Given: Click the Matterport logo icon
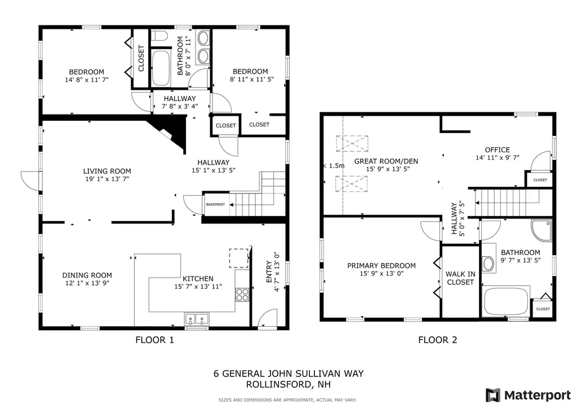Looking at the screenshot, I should (493, 394).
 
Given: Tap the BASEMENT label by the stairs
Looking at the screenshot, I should (216, 204).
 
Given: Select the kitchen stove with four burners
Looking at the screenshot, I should (242, 294).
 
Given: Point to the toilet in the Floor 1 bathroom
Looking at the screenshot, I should (160, 38).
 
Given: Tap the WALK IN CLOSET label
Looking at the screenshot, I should (460, 278).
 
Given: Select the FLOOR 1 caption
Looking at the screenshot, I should (155, 340).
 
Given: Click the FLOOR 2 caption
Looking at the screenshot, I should (437, 340).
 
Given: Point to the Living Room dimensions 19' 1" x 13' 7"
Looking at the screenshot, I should (107, 179).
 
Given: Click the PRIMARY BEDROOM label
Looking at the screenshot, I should (381, 266).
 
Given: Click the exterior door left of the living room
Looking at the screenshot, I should (28, 179).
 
